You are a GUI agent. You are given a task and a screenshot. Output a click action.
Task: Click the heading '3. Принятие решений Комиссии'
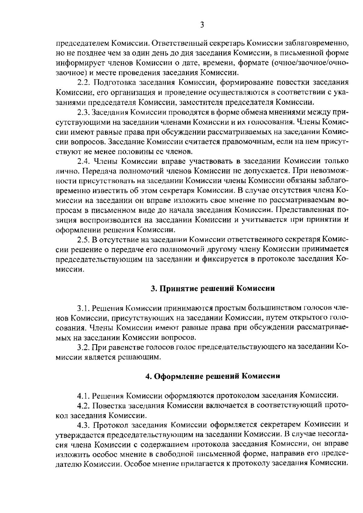pos(213,288)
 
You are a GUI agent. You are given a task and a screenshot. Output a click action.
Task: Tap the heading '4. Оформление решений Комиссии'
pos(213,376)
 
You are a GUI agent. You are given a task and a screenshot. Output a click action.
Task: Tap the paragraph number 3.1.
pos(83,308)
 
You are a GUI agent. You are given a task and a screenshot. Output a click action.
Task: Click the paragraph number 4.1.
pos(83,396)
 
